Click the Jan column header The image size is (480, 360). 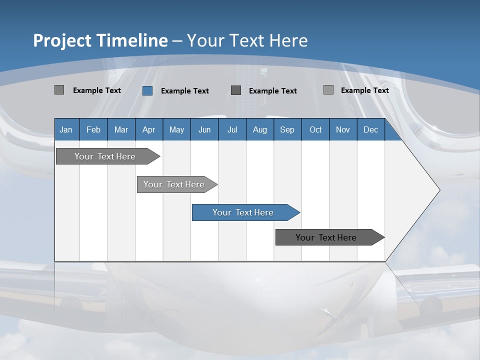point(66,129)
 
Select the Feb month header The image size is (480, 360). point(93,129)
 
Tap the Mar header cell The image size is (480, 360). point(121,129)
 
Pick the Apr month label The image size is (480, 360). point(148,129)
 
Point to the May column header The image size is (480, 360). point(176,129)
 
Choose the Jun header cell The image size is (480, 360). point(204,129)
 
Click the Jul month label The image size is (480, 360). point(232,129)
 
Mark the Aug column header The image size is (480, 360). point(260,129)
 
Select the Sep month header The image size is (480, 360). point(287,129)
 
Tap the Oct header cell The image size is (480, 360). point(315,129)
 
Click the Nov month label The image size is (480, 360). point(343,129)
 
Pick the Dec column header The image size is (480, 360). point(370,129)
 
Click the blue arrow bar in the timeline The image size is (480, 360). point(243,212)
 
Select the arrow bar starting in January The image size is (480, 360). point(105,156)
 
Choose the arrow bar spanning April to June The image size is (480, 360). point(174,184)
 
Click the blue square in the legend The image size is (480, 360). point(147,90)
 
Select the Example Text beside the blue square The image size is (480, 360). point(184,91)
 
